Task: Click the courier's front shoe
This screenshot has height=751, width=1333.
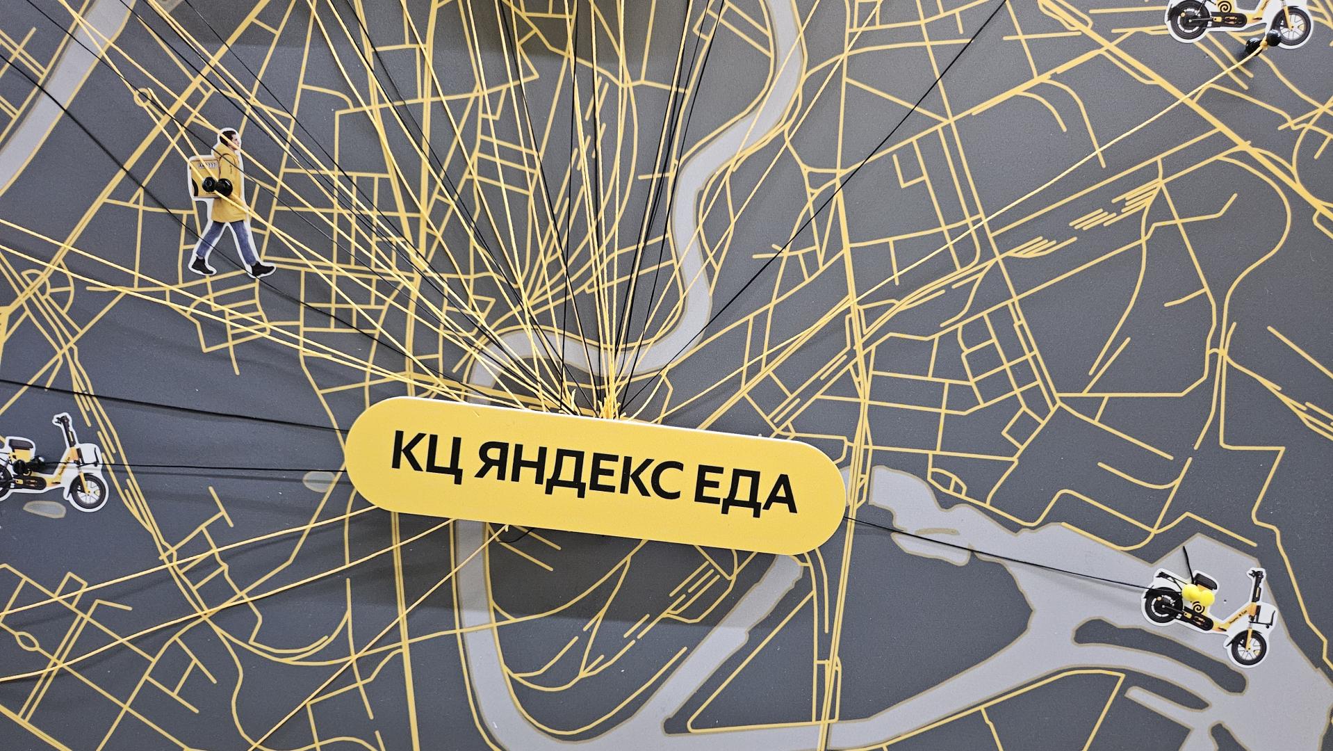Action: coord(263,269)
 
